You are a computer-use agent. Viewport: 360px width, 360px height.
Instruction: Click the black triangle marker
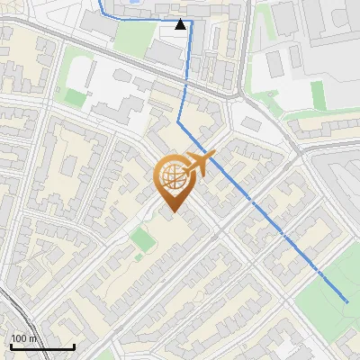point(181,25)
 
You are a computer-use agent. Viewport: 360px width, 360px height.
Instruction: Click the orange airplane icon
point(201,163)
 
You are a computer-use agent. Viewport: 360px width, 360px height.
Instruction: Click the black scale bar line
point(42,346)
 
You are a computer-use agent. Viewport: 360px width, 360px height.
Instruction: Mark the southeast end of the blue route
point(347,301)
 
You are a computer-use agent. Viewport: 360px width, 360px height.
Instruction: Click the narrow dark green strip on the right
point(317,94)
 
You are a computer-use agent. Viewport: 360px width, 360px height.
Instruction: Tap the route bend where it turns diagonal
point(179,121)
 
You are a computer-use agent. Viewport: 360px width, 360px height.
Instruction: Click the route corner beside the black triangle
point(191,20)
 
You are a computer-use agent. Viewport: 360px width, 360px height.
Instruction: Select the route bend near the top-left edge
point(101,14)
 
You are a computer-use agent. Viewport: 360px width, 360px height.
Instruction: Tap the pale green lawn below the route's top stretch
point(135,36)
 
